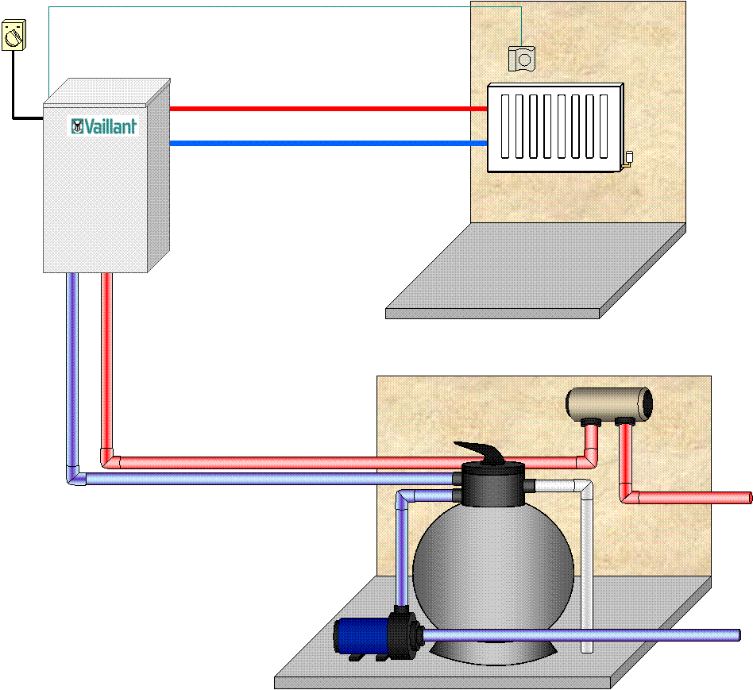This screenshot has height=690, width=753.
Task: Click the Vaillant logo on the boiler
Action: point(104,126)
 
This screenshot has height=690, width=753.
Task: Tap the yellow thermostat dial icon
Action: point(14,36)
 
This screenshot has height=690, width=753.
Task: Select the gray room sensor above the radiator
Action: point(522,58)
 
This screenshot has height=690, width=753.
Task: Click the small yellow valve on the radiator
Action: point(627,156)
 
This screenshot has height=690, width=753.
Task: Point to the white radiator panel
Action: point(554,127)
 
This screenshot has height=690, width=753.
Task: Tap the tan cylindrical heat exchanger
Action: point(608,403)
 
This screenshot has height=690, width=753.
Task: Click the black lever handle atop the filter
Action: point(484,453)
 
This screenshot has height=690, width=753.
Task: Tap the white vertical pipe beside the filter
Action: point(586,572)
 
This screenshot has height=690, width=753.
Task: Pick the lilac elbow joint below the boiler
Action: point(75,476)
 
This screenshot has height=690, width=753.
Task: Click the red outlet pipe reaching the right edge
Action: point(699,498)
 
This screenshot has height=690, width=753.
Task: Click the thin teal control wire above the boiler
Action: point(278,7)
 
